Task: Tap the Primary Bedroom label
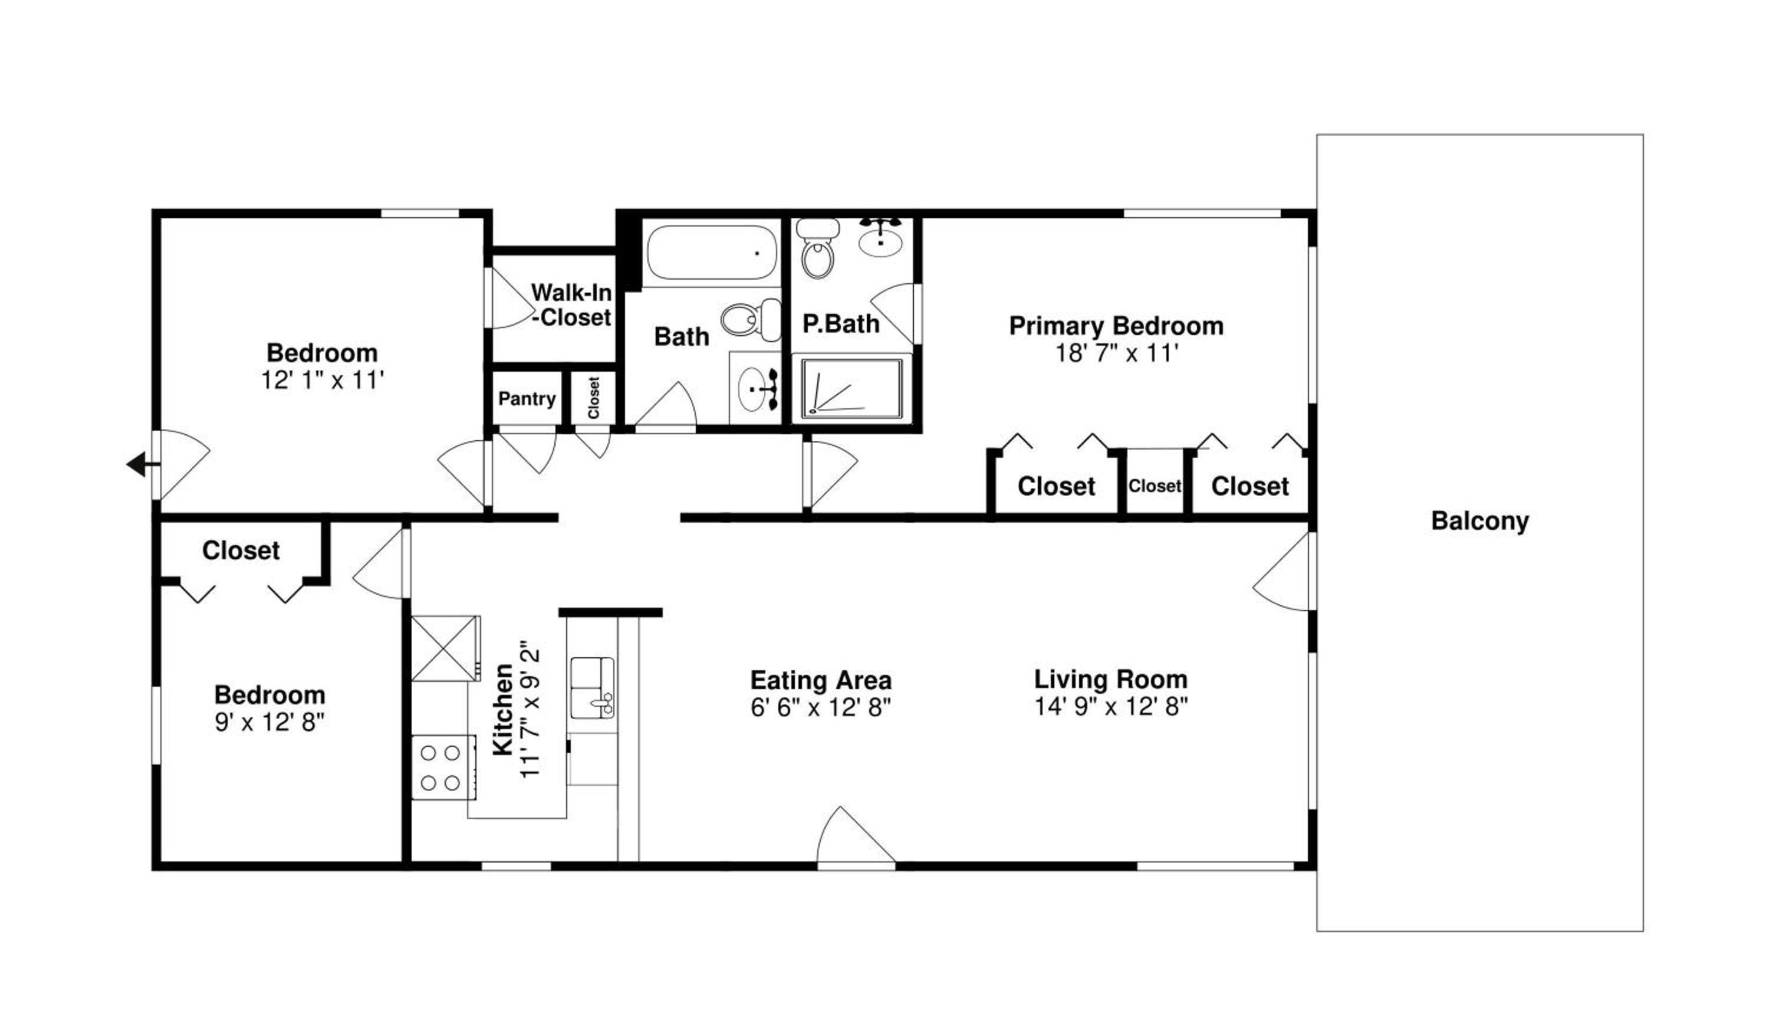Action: [x=1116, y=326]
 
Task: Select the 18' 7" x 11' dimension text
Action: [x=1116, y=353]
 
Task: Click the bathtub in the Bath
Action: [x=711, y=251]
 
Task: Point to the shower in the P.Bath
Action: [x=851, y=388]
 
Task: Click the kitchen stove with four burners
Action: [x=443, y=767]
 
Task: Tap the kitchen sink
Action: [x=592, y=688]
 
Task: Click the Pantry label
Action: [x=527, y=399]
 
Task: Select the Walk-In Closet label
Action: [x=571, y=305]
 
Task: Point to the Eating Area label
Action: [x=821, y=680]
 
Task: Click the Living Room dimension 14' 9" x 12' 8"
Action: [x=1110, y=706]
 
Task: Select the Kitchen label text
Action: [x=502, y=710]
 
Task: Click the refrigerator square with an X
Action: [x=446, y=648]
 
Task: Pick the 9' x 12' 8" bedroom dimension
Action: [x=269, y=722]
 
